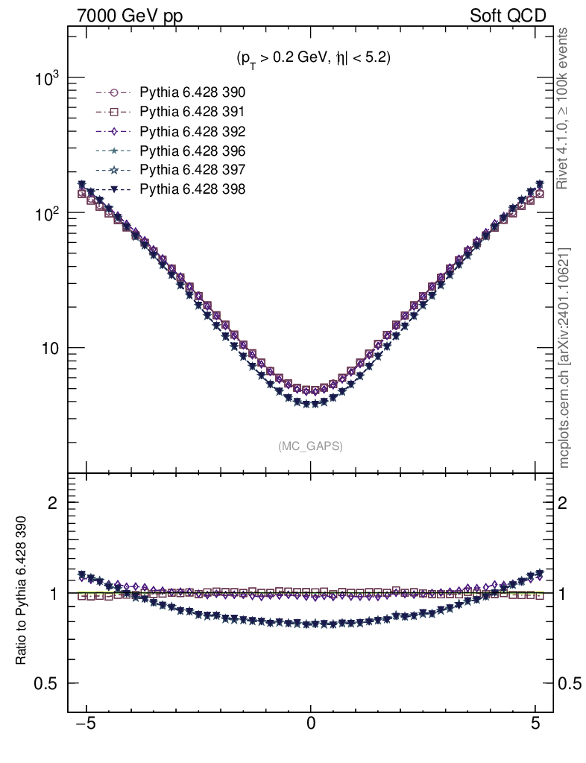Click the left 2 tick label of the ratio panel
coord(54,502)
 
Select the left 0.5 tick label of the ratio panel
coord(47,683)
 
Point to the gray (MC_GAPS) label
coord(311,446)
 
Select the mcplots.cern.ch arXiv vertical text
coord(564,358)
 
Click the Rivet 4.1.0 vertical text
coord(564,108)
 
